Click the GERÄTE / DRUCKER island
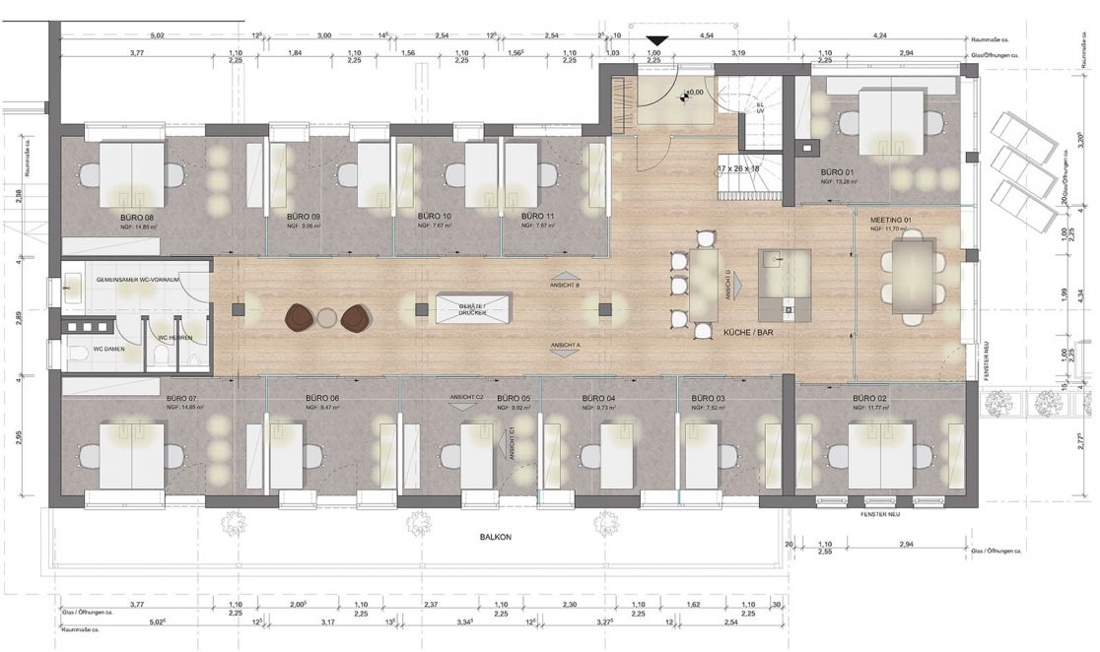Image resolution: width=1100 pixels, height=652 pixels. point(474,309)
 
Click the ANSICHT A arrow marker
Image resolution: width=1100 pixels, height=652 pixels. point(565,348)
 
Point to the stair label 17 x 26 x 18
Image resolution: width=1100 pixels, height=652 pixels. point(740,168)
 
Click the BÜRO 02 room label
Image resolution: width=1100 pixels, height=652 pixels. point(870,398)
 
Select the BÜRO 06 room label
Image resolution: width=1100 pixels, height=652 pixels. point(321,398)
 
